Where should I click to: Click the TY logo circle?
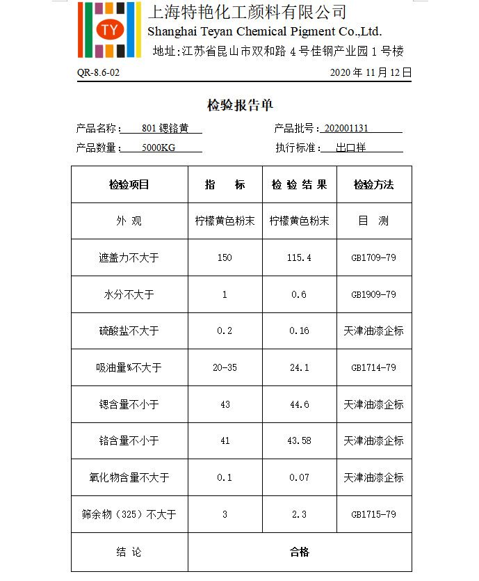click(x=109, y=30)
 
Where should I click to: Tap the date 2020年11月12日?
click(x=371, y=72)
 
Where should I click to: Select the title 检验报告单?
click(x=240, y=106)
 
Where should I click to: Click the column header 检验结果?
click(x=299, y=185)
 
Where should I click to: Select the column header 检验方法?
click(x=373, y=185)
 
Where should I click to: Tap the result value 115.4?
click(x=299, y=258)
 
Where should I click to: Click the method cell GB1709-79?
click(x=373, y=258)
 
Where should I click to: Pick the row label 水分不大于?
click(x=129, y=294)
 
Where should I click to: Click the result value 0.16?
click(x=299, y=331)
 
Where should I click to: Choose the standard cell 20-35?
click(x=225, y=367)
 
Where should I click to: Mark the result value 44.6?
click(x=299, y=404)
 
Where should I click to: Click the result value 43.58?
click(x=299, y=441)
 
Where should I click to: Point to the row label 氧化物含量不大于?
click(x=129, y=477)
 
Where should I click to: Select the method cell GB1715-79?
click(x=373, y=514)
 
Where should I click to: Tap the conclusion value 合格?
click(x=299, y=552)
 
